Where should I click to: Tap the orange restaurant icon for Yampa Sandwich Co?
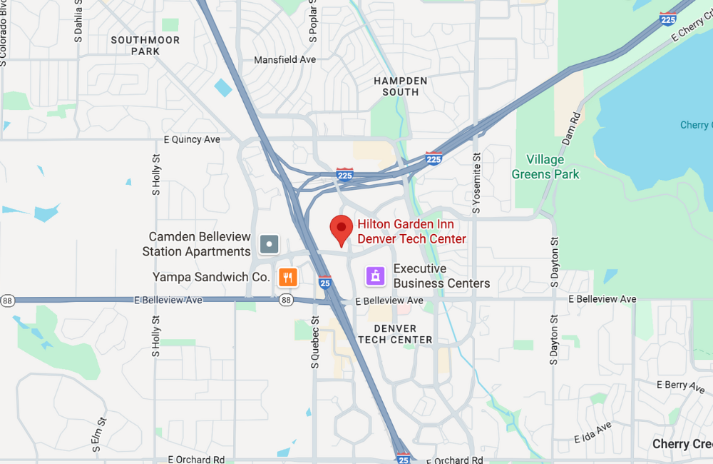[x=287, y=277]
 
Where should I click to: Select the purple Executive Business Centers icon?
[x=376, y=276]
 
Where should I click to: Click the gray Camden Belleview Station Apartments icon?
[x=269, y=245]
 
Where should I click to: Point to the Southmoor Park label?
[x=145, y=46]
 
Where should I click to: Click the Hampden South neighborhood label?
[x=401, y=86]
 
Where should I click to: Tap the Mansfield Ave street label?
[x=285, y=60]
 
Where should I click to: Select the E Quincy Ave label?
[x=192, y=140]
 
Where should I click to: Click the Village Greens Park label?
[x=545, y=167]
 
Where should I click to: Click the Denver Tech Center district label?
[x=395, y=334]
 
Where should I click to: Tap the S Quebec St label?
[x=314, y=343]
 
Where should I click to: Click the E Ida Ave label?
[x=593, y=432]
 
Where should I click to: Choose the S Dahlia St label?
[x=78, y=21]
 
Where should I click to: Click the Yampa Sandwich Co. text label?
[x=211, y=277]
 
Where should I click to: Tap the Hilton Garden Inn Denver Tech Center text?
[x=411, y=231]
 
